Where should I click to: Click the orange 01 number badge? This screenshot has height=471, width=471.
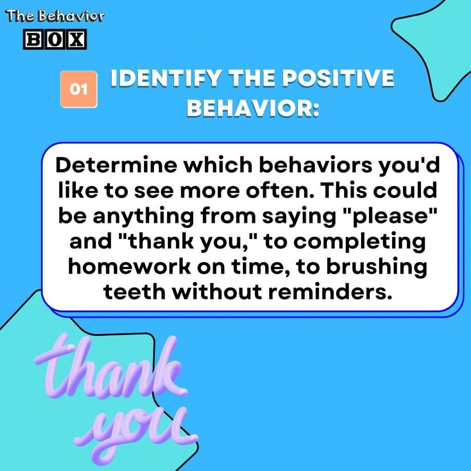coord(79,89)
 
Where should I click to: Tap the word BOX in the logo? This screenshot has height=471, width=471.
coord(54,40)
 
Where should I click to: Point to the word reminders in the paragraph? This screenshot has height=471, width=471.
coord(339,292)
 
